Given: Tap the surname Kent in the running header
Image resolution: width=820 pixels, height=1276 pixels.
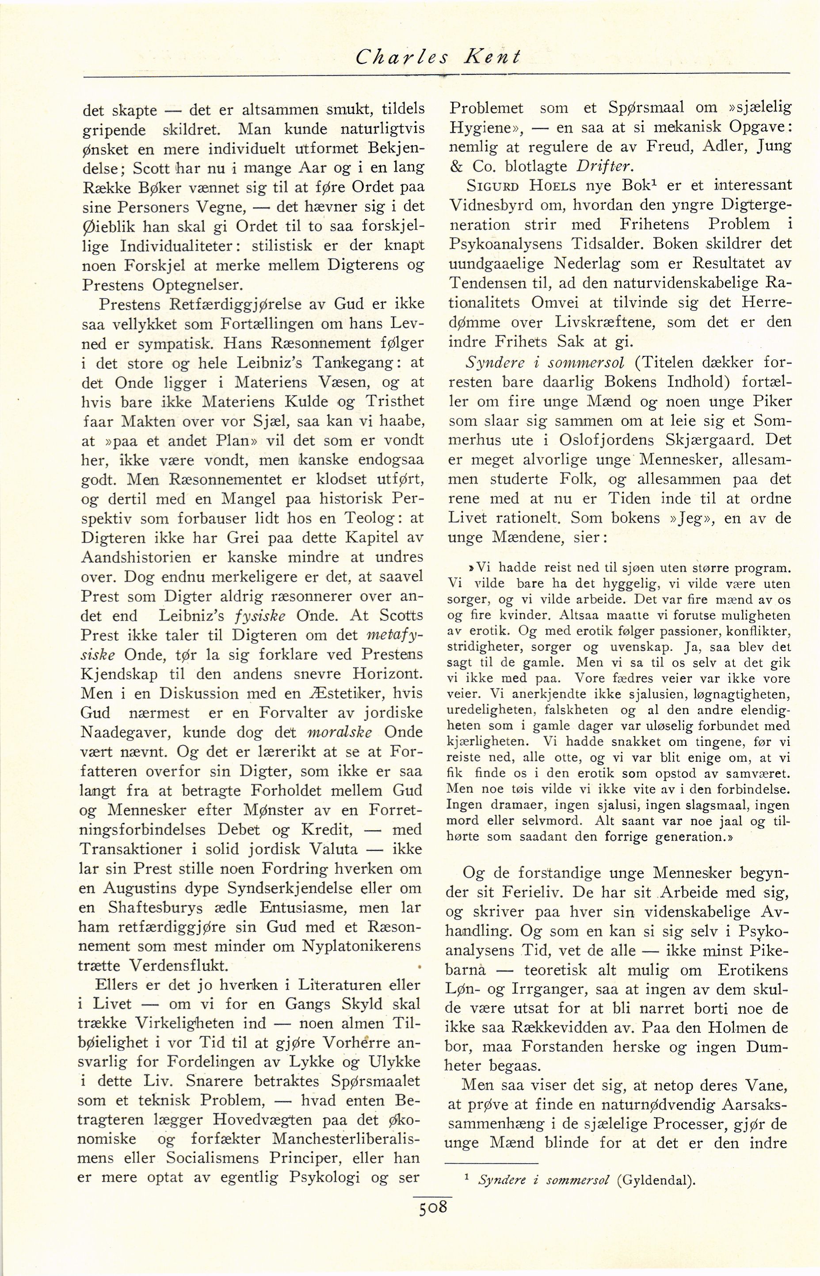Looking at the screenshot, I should [491, 57].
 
